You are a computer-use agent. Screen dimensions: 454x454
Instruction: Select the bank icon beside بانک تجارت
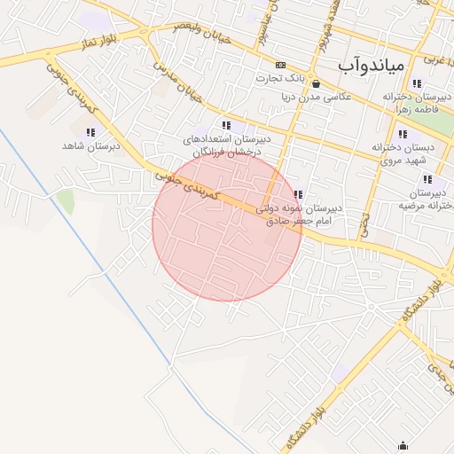[x=281, y=65]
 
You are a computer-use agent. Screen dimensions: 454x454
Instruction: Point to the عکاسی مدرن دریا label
[x=317, y=97]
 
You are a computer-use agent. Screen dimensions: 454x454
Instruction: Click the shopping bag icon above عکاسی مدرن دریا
[x=317, y=84]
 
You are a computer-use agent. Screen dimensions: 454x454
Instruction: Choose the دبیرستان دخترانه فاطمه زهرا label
[x=412, y=100]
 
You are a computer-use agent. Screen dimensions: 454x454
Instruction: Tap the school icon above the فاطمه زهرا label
[x=417, y=83]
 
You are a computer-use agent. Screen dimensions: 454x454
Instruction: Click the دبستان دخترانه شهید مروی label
[x=403, y=153]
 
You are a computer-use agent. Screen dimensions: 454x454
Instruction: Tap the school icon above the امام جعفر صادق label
[x=299, y=194]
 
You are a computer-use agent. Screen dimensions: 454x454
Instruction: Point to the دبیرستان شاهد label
[x=90, y=145]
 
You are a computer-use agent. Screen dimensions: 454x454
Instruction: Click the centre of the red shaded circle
[x=227, y=225]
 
